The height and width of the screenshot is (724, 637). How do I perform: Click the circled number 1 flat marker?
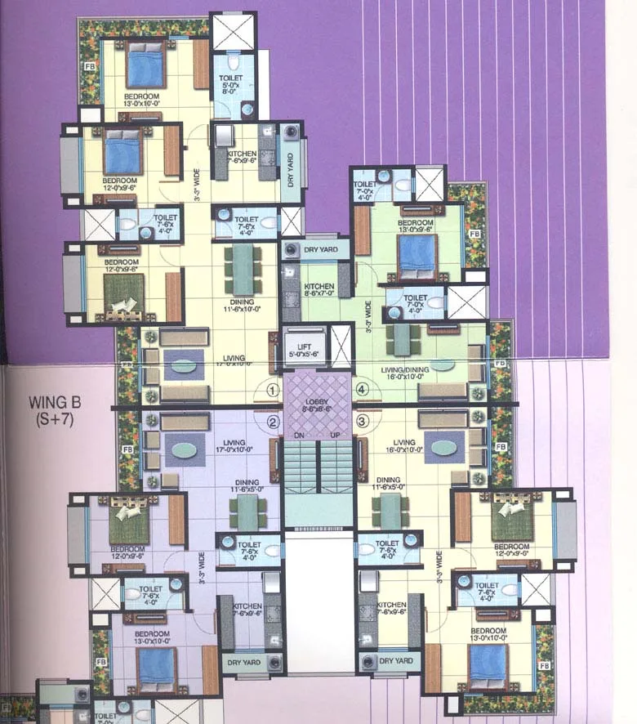click(x=273, y=391)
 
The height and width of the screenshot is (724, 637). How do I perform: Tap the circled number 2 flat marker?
click(x=273, y=422)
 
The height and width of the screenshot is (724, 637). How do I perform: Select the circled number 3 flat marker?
click(x=364, y=422)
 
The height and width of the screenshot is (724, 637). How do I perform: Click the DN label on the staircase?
click(x=301, y=433)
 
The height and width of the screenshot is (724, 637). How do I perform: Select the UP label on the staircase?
click(x=336, y=433)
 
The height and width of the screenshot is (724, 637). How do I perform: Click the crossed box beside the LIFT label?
click(x=341, y=346)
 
